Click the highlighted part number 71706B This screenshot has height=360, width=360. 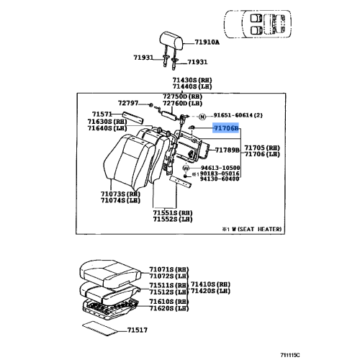coord(226,128)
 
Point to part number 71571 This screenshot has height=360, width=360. coord(102,114)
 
